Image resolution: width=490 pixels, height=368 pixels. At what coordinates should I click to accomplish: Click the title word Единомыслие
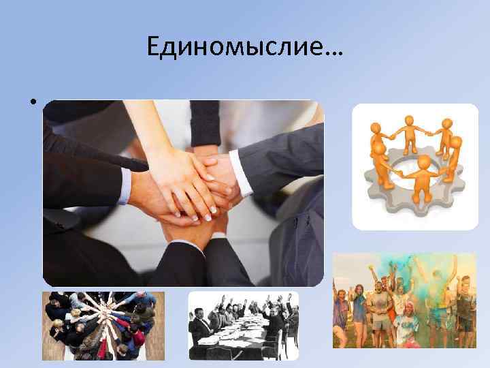coord(235,47)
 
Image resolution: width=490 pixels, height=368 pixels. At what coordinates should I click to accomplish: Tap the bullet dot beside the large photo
coord(32,104)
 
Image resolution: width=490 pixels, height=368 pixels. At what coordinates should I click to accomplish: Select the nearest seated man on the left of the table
coord(200,331)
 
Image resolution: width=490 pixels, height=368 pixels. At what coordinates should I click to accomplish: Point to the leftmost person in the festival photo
coord(340,313)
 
